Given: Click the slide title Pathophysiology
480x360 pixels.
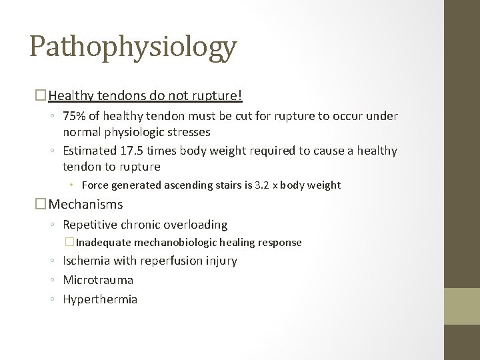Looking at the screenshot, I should [x=133, y=47].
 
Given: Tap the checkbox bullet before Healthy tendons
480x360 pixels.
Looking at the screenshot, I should [x=42, y=96].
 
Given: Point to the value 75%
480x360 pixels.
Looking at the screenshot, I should [x=75, y=117].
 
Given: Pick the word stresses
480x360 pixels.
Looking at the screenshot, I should [x=186, y=131].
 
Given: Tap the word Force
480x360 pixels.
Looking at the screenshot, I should [x=97, y=185].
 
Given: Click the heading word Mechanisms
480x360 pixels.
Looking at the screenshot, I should [x=86, y=205].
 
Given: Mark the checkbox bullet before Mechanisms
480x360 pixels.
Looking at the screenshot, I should [x=42, y=205].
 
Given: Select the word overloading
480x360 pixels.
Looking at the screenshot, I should [x=194, y=225].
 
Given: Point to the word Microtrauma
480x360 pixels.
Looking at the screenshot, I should [x=98, y=280].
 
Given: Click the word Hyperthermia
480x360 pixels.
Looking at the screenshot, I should [x=100, y=299].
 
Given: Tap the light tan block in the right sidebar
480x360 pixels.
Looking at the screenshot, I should [x=462, y=306].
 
